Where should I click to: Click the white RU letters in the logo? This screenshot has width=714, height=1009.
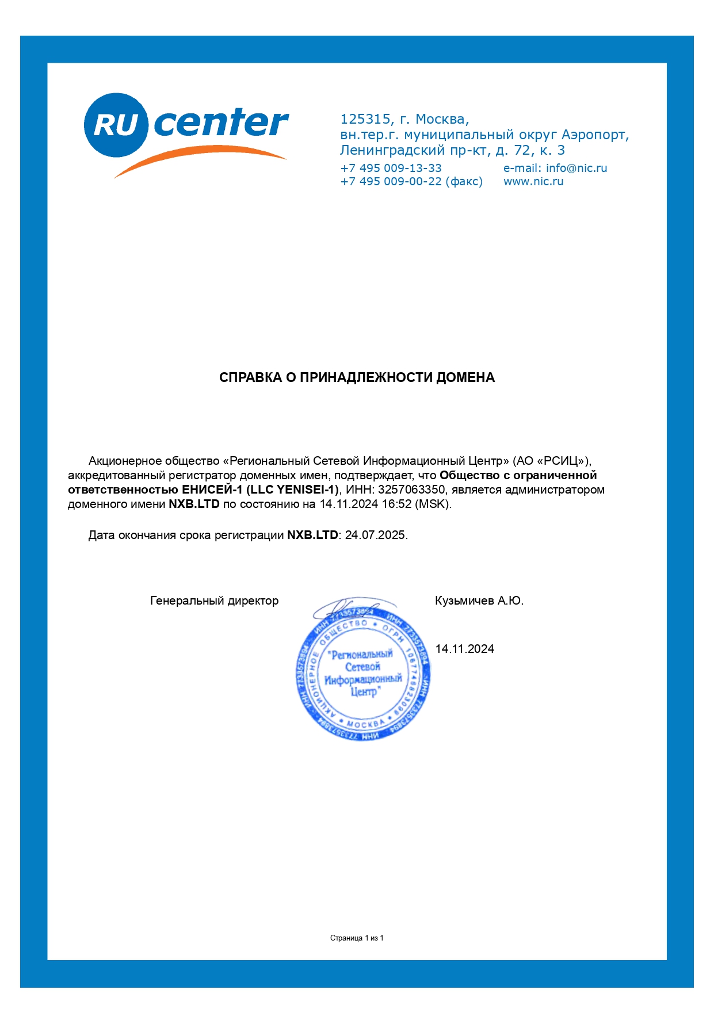pyautogui.click(x=116, y=125)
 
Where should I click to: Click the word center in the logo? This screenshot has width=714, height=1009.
pyautogui.click(x=221, y=123)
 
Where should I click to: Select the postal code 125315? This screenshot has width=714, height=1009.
pyautogui.click(x=365, y=119)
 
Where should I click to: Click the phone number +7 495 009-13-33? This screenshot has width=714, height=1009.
pyautogui.click(x=391, y=168)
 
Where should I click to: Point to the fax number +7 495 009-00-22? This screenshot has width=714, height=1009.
pyautogui.click(x=391, y=181)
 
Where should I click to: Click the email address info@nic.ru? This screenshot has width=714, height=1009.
pyautogui.click(x=576, y=168)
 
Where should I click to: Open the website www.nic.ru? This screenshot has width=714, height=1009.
pyautogui.click(x=533, y=181)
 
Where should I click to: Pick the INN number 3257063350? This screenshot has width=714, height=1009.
pyautogui.click(x=411, y=490)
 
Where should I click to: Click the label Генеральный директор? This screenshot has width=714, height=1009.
pyautogui.click(x=214, y=601)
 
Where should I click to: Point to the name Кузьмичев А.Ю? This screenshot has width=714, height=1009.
pyautogui.click(x=479, y=601)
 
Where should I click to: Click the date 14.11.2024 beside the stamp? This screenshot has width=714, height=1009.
pyautogui.click(x=464, y=649)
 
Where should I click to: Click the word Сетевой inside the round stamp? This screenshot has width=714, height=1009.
pyautogui.click(x=362, y=667)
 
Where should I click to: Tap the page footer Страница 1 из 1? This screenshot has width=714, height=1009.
pyautogui.click(x=357, y=938)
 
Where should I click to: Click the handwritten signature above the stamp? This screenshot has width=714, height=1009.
pyautogui.click(x=345, y=607)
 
